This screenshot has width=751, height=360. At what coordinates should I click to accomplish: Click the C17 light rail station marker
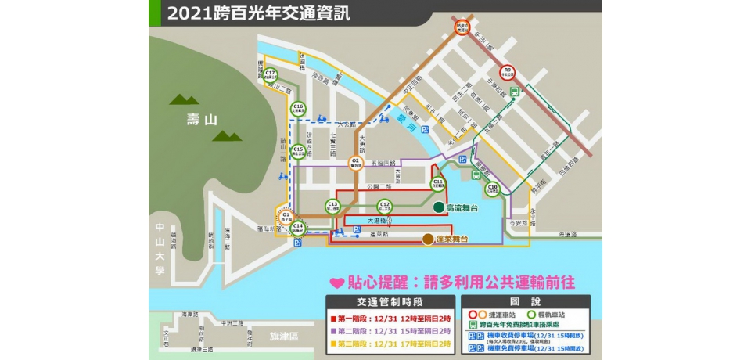270,74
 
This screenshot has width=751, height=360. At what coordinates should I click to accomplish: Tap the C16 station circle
297,109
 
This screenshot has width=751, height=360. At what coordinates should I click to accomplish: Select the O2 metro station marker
355,163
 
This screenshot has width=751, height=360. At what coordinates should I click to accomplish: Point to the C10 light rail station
492,188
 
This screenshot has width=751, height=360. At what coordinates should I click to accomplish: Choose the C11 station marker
438,183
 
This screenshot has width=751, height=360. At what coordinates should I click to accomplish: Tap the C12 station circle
384,206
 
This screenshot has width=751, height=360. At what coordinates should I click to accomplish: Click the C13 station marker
332,206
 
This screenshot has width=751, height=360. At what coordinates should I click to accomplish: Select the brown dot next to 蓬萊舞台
427,239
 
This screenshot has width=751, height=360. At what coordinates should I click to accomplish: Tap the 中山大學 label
160,249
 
